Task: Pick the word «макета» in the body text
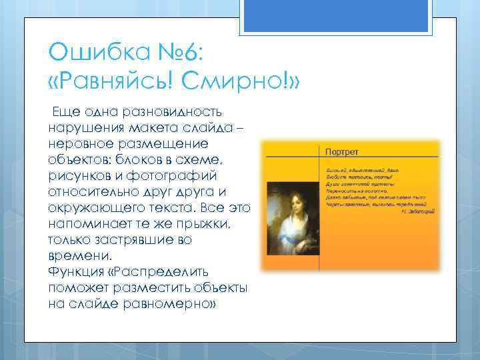pos(165,128)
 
